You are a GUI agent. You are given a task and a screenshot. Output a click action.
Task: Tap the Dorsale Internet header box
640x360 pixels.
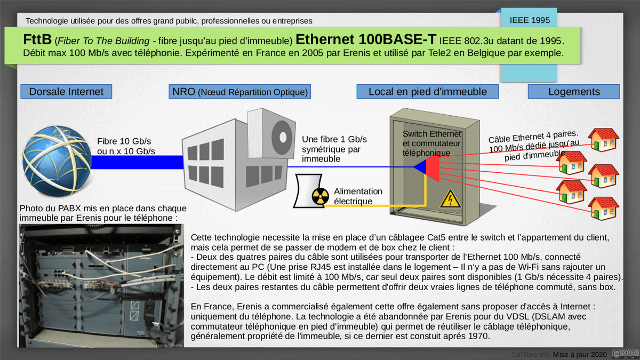[x=66, y=92]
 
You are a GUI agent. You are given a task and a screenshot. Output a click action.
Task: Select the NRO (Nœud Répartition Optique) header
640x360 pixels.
[x=239, y=92]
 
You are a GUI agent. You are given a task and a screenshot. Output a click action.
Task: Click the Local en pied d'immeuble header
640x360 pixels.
[x=427, y=92]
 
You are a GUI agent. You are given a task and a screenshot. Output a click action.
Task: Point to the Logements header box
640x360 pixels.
[x=574, y=92]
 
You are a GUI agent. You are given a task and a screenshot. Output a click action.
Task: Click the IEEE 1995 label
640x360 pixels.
[x=529, y=21]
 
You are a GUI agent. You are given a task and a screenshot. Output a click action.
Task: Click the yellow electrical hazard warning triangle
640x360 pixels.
[x=450, y=199]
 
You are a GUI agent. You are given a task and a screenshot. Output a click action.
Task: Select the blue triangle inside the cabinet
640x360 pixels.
[x=420, y=167]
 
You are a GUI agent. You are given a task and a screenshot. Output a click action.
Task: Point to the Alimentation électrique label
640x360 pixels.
[x=358, y=196]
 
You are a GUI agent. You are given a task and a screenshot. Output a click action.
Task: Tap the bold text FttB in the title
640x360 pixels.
[x=37, y=40]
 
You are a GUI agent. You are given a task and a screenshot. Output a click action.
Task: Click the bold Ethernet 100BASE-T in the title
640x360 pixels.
[x=366, y=40]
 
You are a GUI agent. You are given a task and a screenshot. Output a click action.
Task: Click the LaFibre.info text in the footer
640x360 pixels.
[x=531, y=354]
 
